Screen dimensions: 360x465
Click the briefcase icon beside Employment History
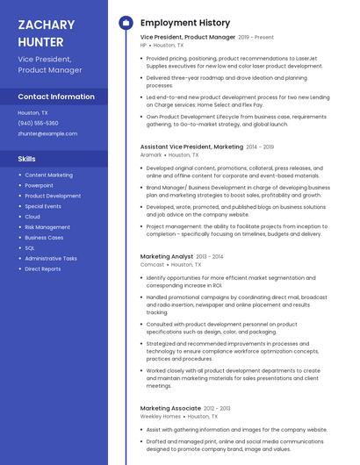[x=126, y=22]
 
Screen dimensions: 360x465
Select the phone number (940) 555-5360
[x=38, y=123]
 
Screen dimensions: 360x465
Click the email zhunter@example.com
[x=47, y=133]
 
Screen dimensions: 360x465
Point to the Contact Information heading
[x=56, y=97]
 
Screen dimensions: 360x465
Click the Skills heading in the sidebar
[x=27, y=159]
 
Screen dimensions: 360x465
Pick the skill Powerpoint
[x=39, y=185]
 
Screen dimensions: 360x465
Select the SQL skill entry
[x=30, y=247]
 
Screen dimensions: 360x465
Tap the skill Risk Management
[x=47, y=226]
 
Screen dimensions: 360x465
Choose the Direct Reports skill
[x=43, y=268]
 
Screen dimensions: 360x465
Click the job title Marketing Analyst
[x=167, y=256]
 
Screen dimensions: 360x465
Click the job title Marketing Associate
[x=170, y=408]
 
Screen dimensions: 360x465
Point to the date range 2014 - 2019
[x=260, y=147]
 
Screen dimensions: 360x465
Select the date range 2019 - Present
[x=256, y=38]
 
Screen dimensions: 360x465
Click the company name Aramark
[x=151, y=154]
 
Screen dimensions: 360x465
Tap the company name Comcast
[x=152, y=264]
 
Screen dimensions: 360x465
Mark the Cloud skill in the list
[x=32, y=216]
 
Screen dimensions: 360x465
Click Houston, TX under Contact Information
[x=33, y=112]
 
